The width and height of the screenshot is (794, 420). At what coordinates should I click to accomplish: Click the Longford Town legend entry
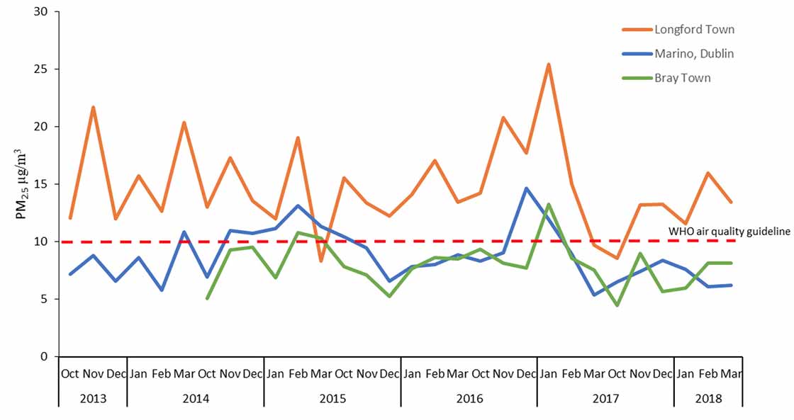[x=694, y=30]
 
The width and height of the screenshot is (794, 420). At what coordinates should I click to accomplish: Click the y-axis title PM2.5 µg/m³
[x=24, y=184]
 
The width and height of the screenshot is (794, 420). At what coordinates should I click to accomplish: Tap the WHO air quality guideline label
[x=729, y=231]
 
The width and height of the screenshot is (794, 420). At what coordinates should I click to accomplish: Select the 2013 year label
[x=93, y=399]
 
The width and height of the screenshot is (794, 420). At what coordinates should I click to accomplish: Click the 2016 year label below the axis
[x=469, y=399]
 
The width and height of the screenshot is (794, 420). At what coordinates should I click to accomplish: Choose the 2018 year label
[x=708, y=399]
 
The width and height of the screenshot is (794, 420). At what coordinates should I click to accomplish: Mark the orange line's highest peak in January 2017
[x=549, y=64]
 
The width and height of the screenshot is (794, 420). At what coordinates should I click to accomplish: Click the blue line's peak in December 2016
[x=526, y=188]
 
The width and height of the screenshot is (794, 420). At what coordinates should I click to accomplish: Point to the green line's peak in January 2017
[x=549, y=205]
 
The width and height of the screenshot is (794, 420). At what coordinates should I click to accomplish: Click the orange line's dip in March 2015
[x=320, y=261]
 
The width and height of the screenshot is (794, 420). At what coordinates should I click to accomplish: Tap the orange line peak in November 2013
[x=93, y=107]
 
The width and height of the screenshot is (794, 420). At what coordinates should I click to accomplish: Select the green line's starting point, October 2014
[x=207, y=298]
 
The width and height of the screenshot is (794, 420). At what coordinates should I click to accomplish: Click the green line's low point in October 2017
[x=617, y=305]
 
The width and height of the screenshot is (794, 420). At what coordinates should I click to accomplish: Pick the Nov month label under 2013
[x=93, y=373]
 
